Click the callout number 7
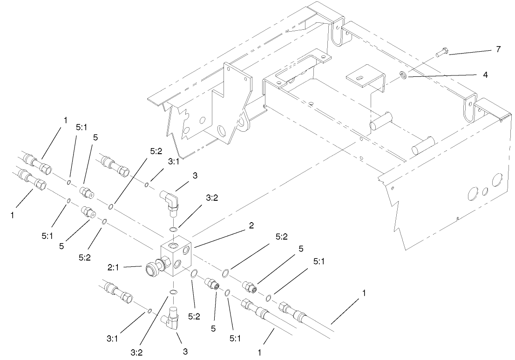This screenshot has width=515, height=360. tap(498, 49)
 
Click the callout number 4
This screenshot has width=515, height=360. tap(485, 75)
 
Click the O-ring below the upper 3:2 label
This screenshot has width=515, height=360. tap(173, 230)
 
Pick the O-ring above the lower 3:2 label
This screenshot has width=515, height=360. tap(173, 292)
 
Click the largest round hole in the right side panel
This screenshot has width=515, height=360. tap(497, 180)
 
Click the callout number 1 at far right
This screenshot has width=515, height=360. tap(364, 293)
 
